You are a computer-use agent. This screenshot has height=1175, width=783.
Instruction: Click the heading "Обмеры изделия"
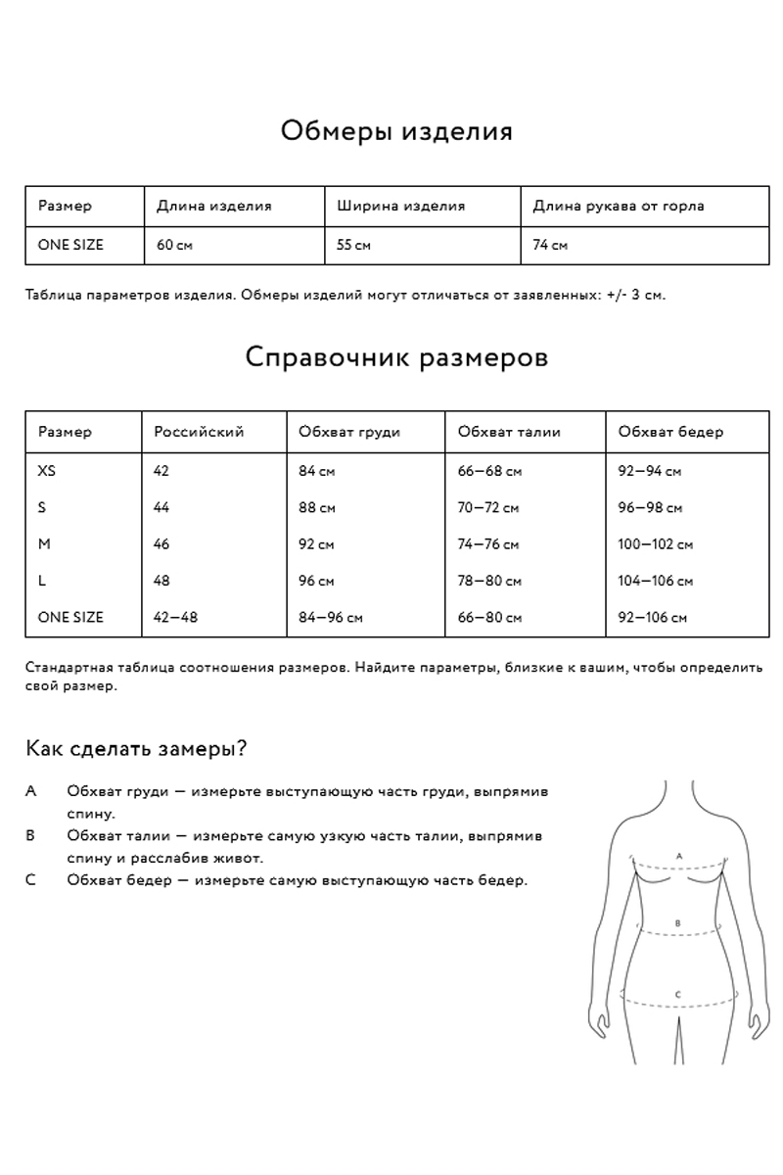[x=396, y=131]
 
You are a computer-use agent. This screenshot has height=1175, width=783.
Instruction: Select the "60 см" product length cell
[x=174, y=245]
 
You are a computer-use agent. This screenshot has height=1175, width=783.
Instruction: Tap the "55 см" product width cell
[x=353, y=245]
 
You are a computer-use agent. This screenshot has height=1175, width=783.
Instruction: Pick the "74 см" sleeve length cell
[x=550, y=245]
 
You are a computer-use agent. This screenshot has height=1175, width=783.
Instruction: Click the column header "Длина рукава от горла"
[x=618, y=206]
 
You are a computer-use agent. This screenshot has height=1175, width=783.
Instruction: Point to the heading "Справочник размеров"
[x=396, y=356]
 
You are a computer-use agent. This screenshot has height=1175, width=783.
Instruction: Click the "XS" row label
[x=47, y=471]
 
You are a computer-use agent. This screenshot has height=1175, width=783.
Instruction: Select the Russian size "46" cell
[x=161, y=544]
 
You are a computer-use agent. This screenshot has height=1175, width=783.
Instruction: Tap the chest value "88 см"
[x=316, y=508]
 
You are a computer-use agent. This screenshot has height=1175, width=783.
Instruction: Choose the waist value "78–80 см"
[x=489, y=581]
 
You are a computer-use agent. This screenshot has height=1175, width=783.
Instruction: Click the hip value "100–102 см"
[x=656, y=544]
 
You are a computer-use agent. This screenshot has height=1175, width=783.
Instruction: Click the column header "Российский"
[x=199, y=432]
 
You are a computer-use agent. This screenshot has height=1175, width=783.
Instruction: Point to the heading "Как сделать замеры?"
[x=135, y=749]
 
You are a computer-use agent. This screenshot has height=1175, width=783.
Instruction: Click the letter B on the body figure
[x=678, y=922]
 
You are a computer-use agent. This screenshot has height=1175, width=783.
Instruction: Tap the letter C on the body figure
[x=678, y=995]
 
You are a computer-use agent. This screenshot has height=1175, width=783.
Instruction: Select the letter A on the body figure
[x=679, y=855]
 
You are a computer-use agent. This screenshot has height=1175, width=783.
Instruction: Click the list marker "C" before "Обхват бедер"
[x=31, y=880]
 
